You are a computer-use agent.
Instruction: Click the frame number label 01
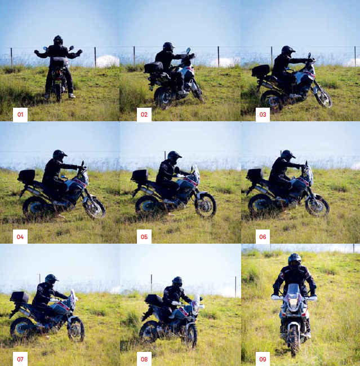click(20, 114)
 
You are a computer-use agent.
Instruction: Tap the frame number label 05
click(144, 237)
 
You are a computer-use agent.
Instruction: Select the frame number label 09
click(263, 359)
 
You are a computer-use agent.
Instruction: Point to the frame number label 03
click(263, 114)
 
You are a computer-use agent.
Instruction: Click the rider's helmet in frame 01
click(58, 40)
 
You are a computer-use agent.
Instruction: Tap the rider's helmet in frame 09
click(295, 262)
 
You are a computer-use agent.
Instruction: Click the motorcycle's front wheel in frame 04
click(95, 207)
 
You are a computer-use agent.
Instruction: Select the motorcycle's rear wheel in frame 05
click(147, 206)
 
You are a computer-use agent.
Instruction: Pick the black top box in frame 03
click(261, 70)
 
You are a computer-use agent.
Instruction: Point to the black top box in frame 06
click(255, 174)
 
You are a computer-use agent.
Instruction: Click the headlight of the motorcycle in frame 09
click(294, 303)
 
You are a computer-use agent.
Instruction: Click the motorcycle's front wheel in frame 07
click(76, 329)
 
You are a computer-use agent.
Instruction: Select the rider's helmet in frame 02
click(168, 47)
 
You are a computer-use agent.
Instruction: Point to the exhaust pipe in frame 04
click(33, 191)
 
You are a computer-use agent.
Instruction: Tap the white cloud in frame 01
click(107, 61)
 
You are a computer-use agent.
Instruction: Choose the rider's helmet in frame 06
click(287, 155)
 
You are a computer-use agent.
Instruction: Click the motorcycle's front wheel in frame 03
click(323, 96)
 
